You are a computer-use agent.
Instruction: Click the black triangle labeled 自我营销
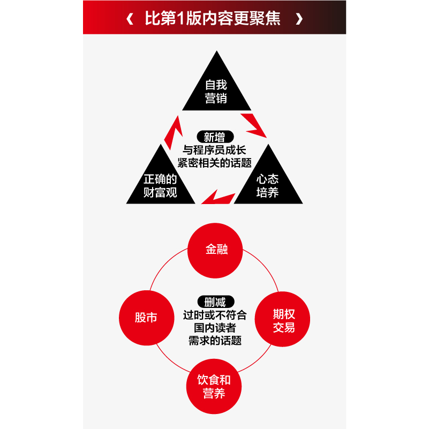point(216,88)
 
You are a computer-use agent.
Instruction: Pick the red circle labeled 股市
point(146,318)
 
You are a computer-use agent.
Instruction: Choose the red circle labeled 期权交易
point(283,320)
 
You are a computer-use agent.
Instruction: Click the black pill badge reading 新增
point(214,137)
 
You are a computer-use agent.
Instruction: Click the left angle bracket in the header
point(130,19)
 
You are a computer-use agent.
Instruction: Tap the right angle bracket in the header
point(299,19)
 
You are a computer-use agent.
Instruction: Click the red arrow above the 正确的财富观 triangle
point(172,133)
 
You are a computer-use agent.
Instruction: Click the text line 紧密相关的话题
point(215,163)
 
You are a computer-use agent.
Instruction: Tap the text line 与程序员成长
point(215,150)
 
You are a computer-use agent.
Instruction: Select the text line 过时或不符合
point(215,315)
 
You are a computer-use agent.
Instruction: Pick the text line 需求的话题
point(215,341)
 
